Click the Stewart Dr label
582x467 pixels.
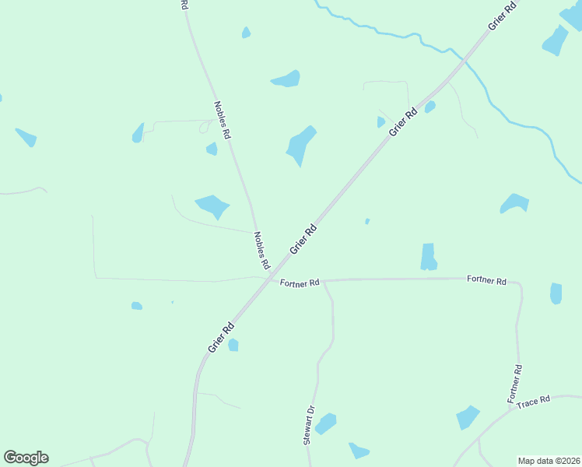pos(309,425)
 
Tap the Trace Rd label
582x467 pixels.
pos(534,401)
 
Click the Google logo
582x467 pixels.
pos(26,458)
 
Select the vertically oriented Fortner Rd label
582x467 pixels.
pos(514,383)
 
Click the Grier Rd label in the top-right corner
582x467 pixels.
pos(503,16)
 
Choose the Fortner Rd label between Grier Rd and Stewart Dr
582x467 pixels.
pos(300,283)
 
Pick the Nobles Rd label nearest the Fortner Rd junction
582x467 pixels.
pos(261,246)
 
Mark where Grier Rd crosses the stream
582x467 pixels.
pos(465,58)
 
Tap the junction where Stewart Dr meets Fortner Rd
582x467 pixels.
pos(323,280)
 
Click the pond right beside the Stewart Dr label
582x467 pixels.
pos(325,423)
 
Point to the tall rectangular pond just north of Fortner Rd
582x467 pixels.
pos(428,257)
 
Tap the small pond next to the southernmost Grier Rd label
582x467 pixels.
pos(233,345)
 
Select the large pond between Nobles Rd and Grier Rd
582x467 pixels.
pos(300,145)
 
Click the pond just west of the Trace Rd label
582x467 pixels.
pos(468,417)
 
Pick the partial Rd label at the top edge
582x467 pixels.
pos(184,5)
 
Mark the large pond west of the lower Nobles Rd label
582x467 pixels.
pos(212,206)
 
